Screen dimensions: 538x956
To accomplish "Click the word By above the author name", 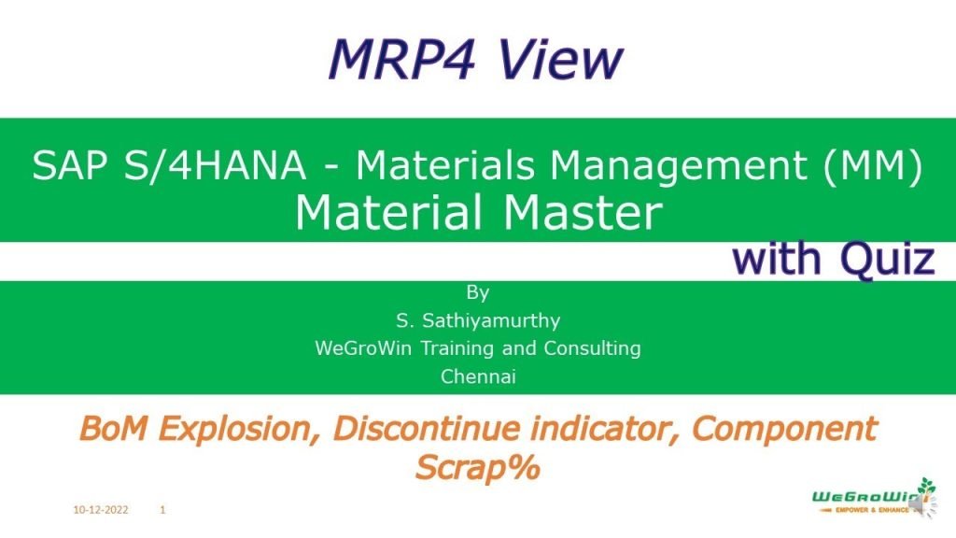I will [x=477, y=293].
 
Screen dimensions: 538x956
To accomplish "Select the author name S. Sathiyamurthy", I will [x=478, y=321].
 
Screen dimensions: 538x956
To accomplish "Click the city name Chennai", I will [x=478, y=377].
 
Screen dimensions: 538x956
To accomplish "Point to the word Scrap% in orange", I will [x=478, y=468].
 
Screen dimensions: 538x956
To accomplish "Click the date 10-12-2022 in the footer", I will [x=101, y=511].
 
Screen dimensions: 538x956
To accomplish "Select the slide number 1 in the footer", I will [x=163, y=511].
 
